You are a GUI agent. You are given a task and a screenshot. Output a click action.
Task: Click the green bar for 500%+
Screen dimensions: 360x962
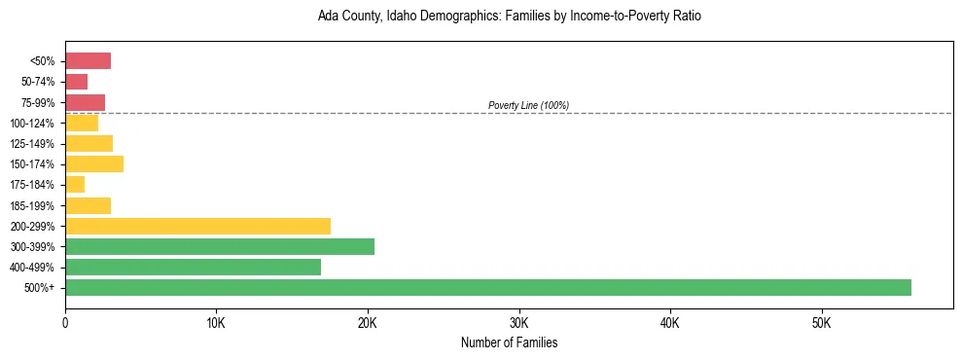487,287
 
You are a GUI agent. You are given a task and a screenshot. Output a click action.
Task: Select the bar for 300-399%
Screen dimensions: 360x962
220,246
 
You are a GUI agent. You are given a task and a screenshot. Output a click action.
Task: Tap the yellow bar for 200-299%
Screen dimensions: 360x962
197,226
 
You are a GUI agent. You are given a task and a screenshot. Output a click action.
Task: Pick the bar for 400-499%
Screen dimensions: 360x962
193,267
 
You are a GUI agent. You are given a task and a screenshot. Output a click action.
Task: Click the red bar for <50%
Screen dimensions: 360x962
88,61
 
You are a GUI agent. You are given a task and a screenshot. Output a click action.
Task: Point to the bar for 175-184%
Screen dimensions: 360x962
75,185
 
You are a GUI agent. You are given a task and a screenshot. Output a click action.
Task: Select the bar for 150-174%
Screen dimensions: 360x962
94,163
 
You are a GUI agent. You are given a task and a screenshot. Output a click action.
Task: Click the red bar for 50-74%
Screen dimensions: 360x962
76,82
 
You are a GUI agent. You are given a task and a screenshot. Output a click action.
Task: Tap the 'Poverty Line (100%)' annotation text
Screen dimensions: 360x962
528,105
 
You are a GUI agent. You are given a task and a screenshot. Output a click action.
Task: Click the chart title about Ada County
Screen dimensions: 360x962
509,17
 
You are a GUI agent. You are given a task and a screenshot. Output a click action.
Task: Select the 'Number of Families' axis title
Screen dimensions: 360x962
509,342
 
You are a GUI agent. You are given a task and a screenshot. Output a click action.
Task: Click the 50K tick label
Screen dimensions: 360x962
821,322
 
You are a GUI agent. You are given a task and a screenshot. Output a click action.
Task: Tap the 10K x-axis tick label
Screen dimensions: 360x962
216,322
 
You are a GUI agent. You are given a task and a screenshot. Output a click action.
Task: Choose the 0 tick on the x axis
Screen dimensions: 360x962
65,322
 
